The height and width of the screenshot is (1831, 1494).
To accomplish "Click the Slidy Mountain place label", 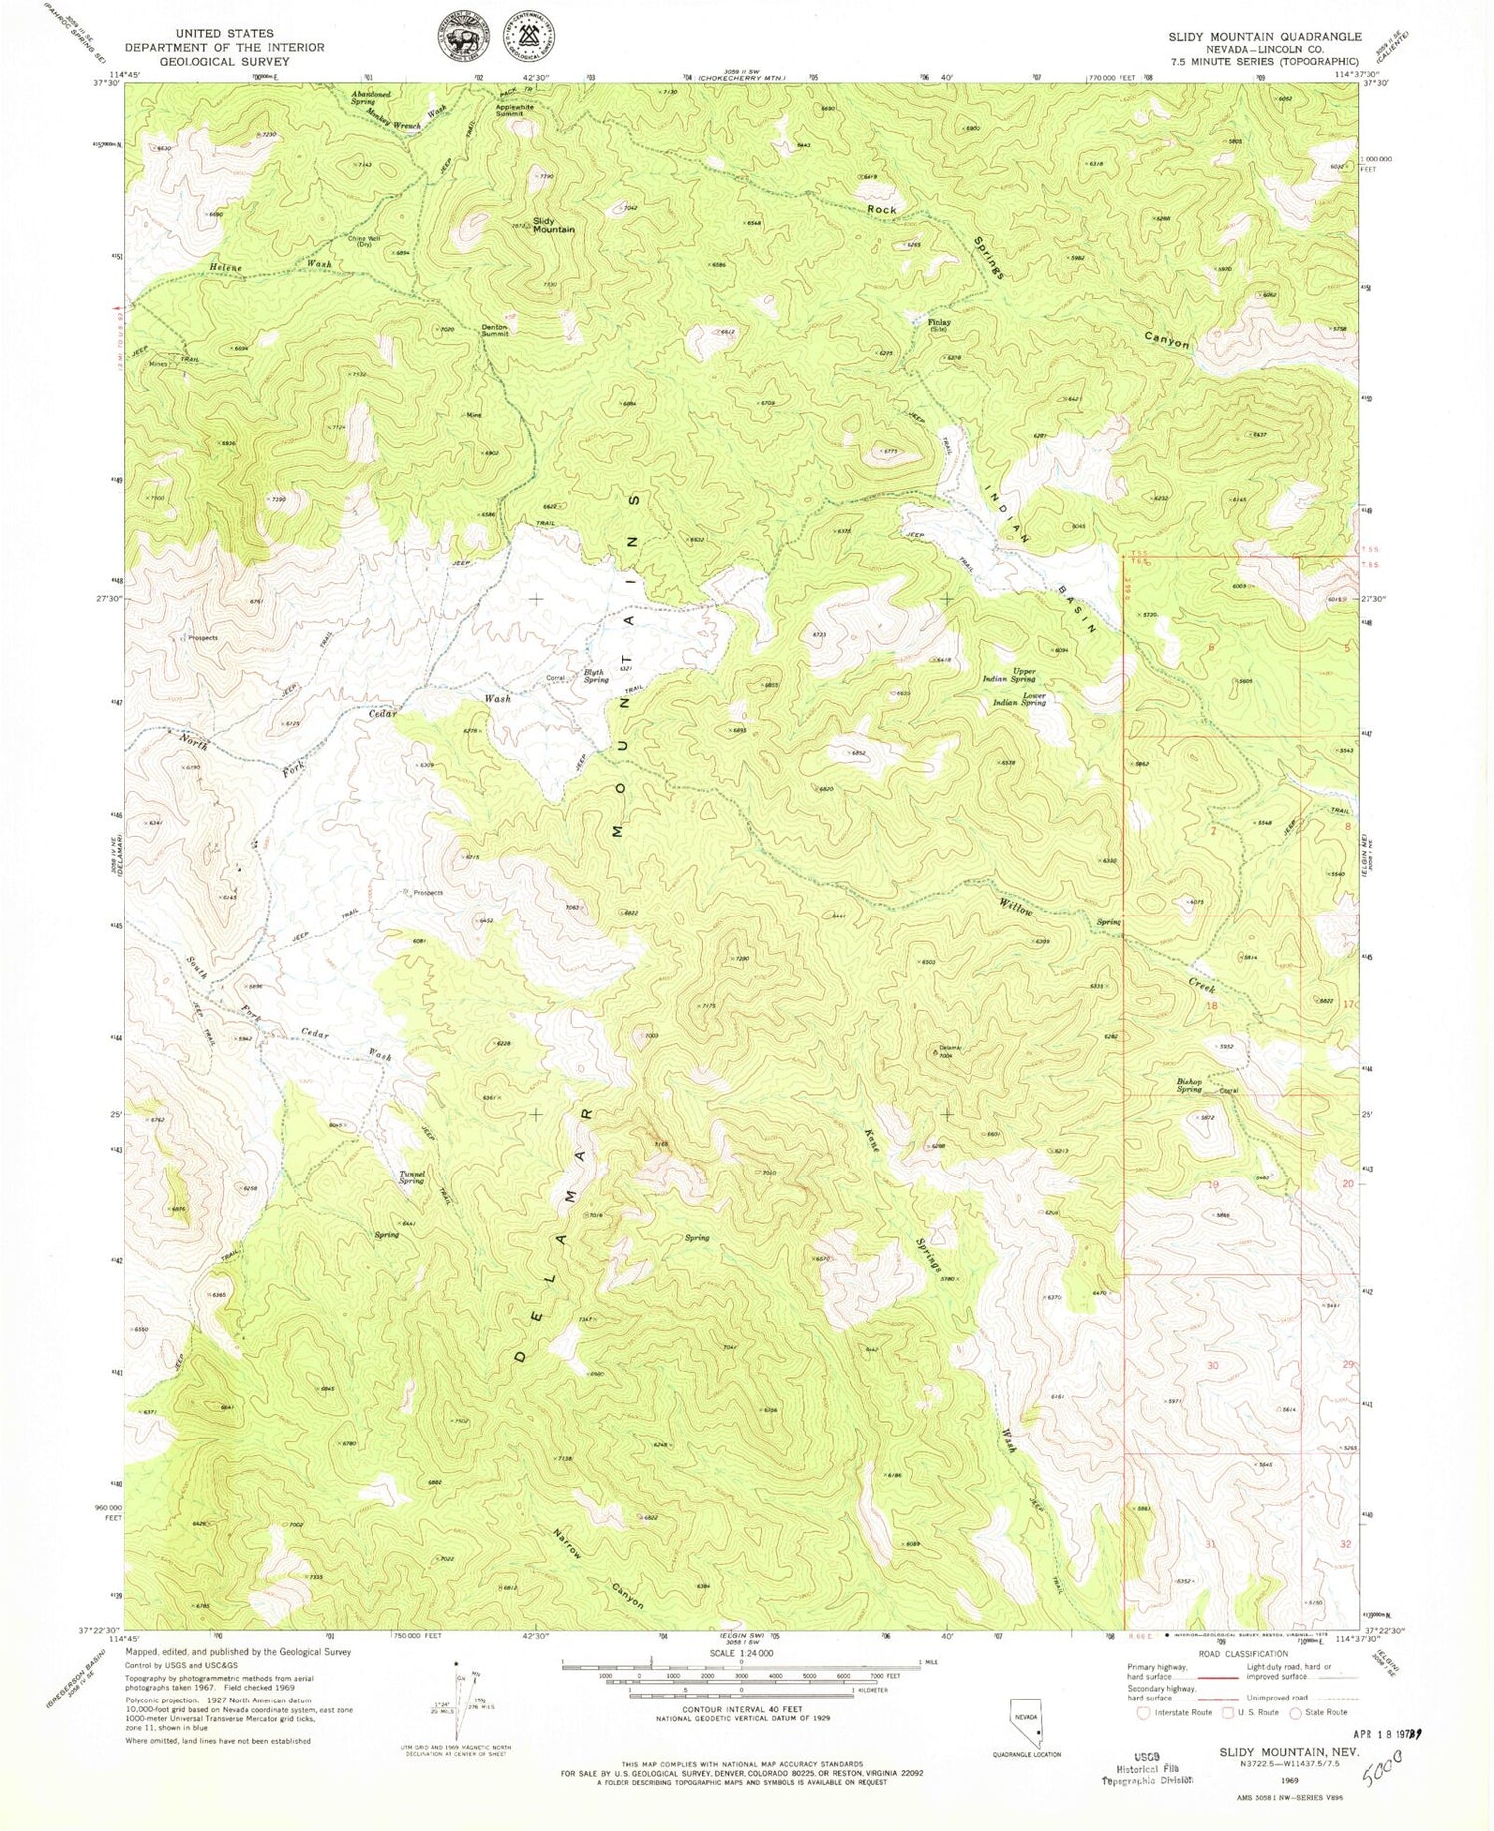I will pyautogui.click(x=553, y=225).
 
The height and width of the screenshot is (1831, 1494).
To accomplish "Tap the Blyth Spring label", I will pyautogui.click(x=595, y=676).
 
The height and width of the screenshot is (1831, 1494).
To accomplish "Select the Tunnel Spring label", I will pyautogui.click(x=411, y=1177).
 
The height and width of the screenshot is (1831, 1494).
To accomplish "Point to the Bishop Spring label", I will pyautogui.click(x=1189, y=1085).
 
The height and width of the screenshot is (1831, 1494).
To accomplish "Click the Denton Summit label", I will pyautogui.click(x=495, y=330).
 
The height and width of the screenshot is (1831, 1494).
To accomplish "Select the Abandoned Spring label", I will pyautogui.click(x=370, y=98).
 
